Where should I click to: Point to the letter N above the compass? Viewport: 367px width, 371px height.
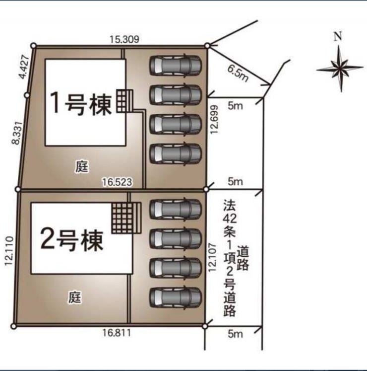(338, 36)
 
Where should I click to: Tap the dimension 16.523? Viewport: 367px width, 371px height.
(117, 182)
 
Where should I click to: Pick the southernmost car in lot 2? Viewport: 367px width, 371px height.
(176, 297)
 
